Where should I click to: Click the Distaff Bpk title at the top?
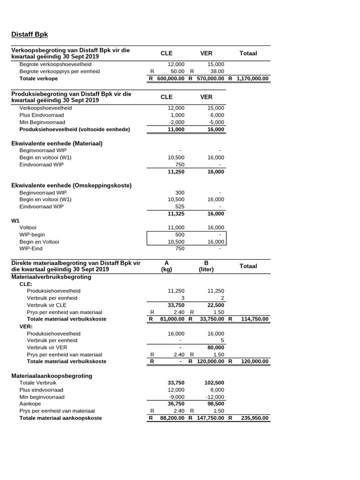pos(29,34)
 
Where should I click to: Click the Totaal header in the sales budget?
pos(248,53)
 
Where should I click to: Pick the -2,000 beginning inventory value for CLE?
pos(176,122)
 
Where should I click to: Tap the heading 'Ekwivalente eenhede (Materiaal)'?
pos(57,143)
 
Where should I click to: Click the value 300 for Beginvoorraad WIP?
pos(180,193)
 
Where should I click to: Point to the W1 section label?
pos(15,220)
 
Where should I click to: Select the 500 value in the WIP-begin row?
pos(180,234)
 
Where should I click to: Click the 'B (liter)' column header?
pos(206,266)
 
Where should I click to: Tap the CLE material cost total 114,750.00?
pos(253,319)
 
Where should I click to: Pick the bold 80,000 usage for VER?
pos(215,347)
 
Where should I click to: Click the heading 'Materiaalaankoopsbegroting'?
pos(52,376)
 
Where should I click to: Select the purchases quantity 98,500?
pos(215,404)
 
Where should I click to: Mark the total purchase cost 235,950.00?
pos(253,418)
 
